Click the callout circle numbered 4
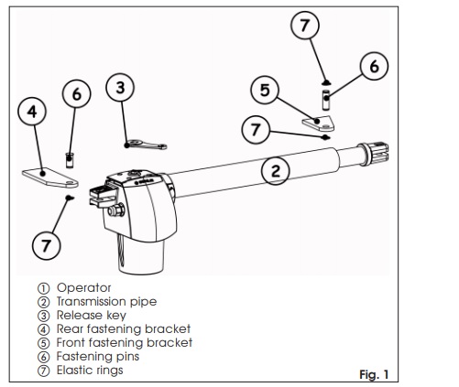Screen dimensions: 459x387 [x=32, y=112]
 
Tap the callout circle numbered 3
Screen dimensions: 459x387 [x=120, y=88]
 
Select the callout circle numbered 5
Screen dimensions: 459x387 [x=265, y=90]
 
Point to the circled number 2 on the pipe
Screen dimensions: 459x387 [x=276, y=170]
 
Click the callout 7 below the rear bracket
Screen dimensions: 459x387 [x=47, y=245]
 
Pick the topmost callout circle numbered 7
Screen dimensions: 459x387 [x=305, y=25]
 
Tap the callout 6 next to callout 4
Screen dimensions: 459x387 [x=77, y=93]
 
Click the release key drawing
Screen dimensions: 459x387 [x=146, y=145]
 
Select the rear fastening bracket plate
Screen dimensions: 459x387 [x=50, y=177]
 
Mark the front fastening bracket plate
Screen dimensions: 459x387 [x=318, y=123]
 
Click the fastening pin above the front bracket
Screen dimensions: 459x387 [x=326, y=100]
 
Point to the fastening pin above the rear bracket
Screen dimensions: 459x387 [x=70, y=160]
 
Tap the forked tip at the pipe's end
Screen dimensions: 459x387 [x=379, y=152]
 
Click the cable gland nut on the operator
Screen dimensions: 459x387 [x=116, y=210]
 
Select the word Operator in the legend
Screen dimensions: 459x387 [x=84, y=287]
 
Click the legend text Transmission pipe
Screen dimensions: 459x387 [x=106, y=301]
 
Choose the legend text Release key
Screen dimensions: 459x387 [x=92, y=315]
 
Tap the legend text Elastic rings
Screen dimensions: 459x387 [x=90, y=370]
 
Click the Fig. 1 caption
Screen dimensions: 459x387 [x=374, y=374]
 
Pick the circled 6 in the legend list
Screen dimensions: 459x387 [x=43, y=357]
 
